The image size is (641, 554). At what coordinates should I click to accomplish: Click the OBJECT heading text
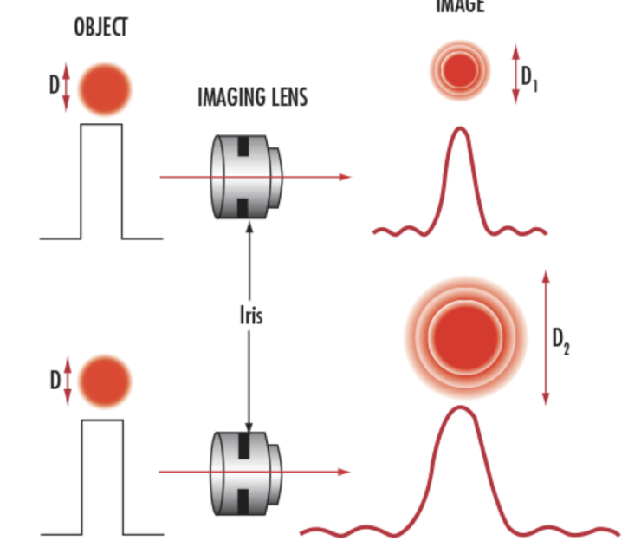pyautogui.click(x=100, y=28)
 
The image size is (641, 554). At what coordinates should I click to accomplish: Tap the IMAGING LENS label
pyautogui.click(x=252, y=96)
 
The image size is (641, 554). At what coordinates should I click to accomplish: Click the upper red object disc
pyautogui.click(x=105, y=88)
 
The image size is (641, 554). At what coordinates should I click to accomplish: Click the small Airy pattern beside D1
pyautogui.click(x=461, y=69)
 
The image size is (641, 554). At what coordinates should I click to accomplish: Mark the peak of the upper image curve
pyautogui.click(x=460, y=130)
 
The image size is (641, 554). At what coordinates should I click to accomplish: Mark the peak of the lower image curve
pyautogui.click(x=459, y=408)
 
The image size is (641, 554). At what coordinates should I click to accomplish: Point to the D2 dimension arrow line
pyautogui.click(x=545, y=338)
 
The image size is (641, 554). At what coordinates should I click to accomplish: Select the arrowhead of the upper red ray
pyautogui.click(x=346, y=177)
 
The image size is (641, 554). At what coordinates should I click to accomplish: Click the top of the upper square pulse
pyautogui.click(x=101, y=125)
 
